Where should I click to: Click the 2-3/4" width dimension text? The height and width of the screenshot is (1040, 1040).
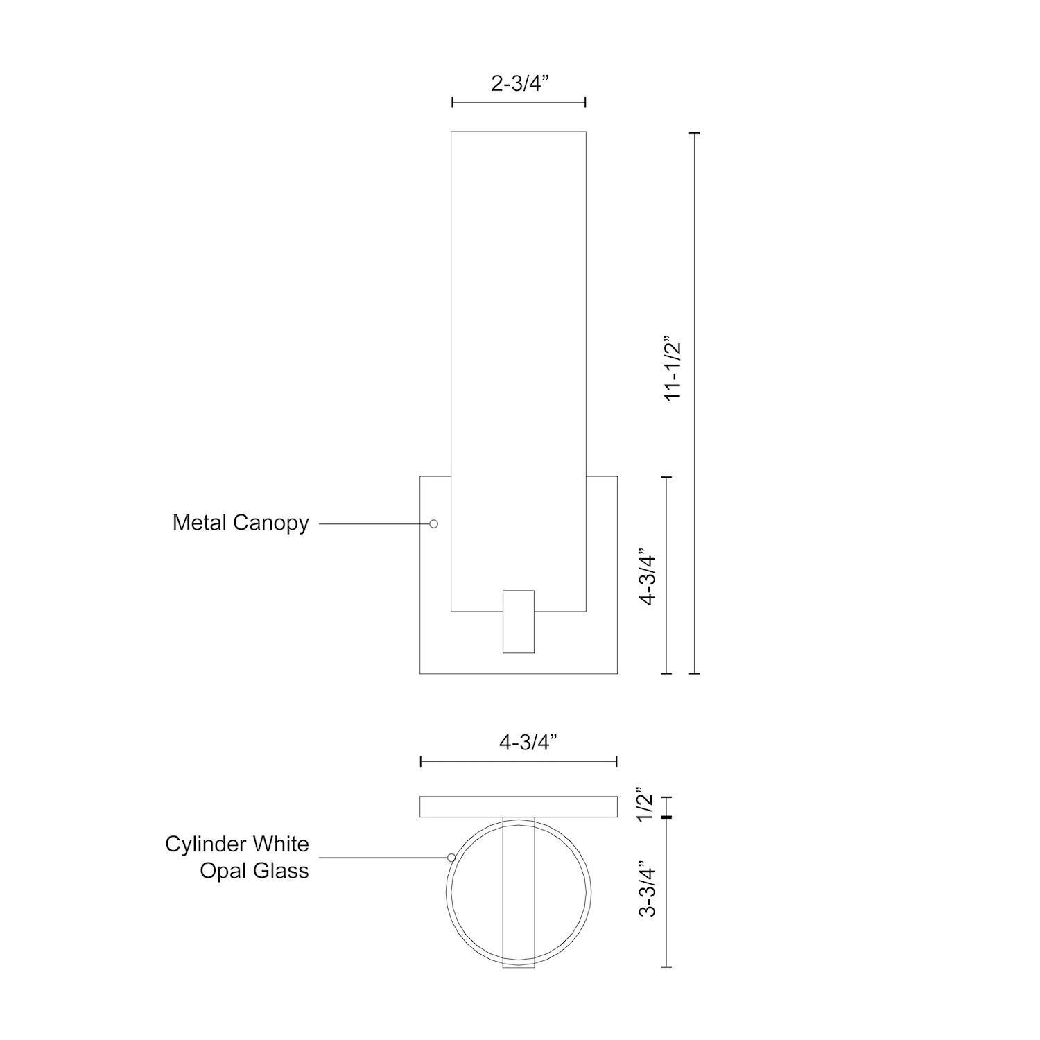coord(519,83)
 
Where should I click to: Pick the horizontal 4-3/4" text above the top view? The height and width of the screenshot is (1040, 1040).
coord(528,742)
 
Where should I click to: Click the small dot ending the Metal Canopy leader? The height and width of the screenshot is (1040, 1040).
coord(433,523)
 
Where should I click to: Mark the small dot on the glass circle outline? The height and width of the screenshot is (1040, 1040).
coord(451,858)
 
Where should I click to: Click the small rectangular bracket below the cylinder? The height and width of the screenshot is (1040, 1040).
coord(518,622)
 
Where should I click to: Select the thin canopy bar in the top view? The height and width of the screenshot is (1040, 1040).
coord(518,806)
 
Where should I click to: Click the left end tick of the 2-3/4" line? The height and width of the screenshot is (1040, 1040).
coord(452,103)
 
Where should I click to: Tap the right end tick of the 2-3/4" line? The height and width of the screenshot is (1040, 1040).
coord(586,103)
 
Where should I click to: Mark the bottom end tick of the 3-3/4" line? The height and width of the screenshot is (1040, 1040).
coord(666,966)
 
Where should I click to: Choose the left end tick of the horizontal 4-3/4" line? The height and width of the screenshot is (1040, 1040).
coord(421,762)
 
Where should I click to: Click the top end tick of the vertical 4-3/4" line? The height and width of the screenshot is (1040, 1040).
coord(666,477)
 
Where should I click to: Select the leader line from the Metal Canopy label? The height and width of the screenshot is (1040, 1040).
coord(374,523)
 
